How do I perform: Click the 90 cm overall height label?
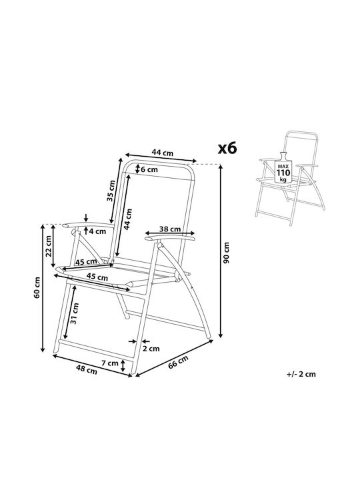tap(227, 253)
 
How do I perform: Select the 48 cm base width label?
tap(87, 370)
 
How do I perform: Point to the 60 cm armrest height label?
tap(37, 287)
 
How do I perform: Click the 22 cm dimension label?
tap(48, 246)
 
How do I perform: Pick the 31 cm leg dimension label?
tap(75, 313)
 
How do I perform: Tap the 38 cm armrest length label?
tap(170, 229)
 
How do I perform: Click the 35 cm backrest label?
tap(111, 191)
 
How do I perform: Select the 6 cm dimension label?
tap(149, 169)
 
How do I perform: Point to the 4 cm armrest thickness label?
tap(97, 231)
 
